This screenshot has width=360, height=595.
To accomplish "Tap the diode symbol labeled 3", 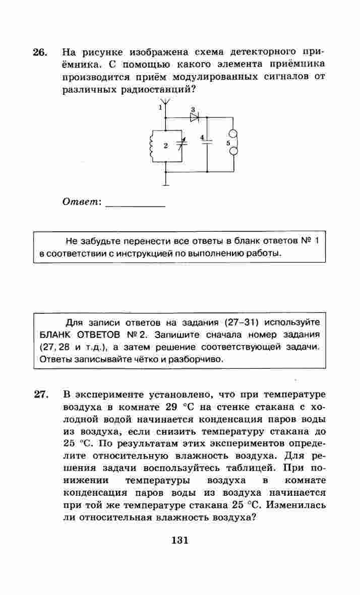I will [194, 117].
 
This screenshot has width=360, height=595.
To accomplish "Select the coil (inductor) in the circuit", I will [152, 146].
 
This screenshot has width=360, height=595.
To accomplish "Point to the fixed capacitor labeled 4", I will [208, 143].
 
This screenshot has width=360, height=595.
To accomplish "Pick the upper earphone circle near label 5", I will [234, 135].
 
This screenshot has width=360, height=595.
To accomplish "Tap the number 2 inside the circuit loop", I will [165, 146].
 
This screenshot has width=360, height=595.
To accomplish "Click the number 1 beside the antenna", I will [160, 107].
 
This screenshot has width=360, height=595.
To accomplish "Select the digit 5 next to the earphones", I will [228, 143].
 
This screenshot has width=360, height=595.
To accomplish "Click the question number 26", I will [40, 52].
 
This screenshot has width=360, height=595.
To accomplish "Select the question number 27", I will [41, 394].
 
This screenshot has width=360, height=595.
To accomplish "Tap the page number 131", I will [179, 540].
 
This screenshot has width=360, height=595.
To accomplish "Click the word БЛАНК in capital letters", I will [55, 335].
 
